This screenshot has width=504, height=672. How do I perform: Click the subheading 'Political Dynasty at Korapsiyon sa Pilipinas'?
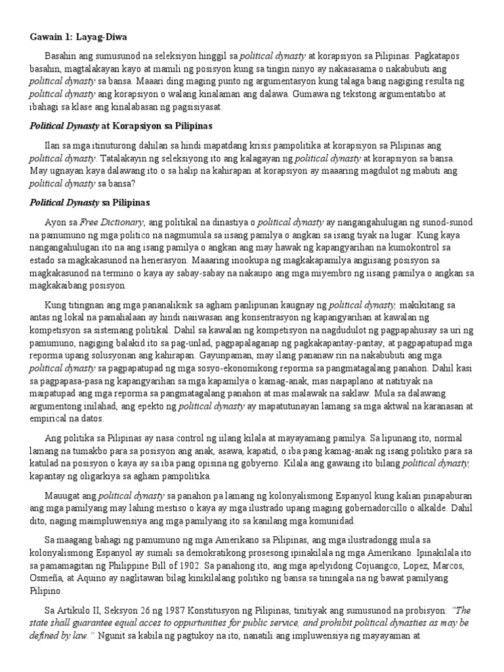111,125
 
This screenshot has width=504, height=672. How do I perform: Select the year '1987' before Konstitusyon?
156,612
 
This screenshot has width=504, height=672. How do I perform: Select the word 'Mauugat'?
62,497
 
